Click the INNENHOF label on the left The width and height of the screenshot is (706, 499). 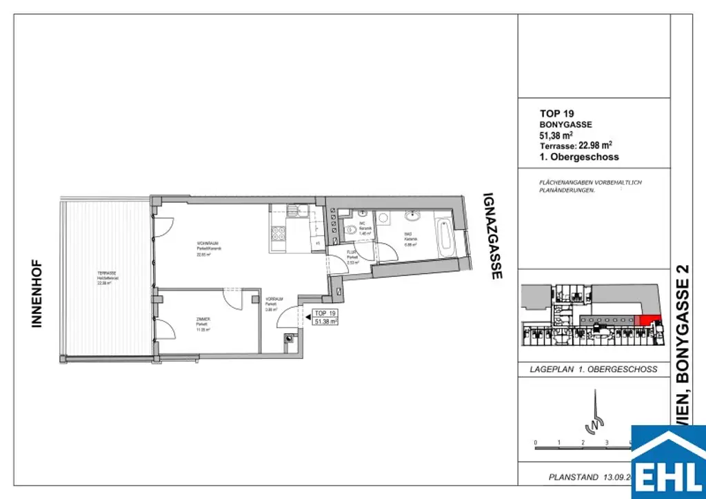pyautogui.click(x=37, y=293)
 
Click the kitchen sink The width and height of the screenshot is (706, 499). pyautogui.click(x=295, y=211)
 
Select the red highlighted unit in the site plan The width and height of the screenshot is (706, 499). pyautogui.click(x=646, y=320)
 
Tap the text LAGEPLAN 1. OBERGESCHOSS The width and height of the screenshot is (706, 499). pyautogui.click(x=593, y=369)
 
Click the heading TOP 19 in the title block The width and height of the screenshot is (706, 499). pyautogui.click(x=556, y=114)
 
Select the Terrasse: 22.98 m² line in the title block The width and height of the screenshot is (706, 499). pyautogui.click(x=576, y=146)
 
